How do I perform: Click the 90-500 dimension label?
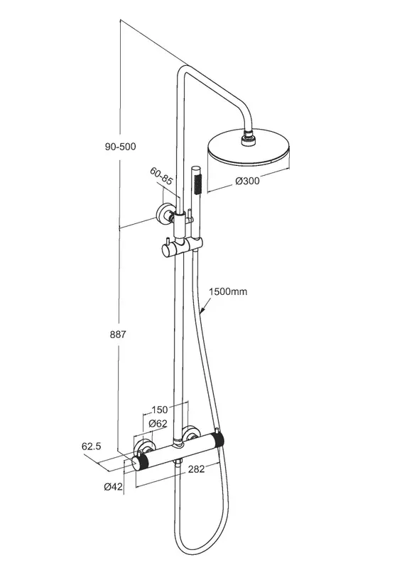(x=120, y=147)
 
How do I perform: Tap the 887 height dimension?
(x=118, y=335)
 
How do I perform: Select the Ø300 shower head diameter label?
(x=248, y=181)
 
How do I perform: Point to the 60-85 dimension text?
(x=161, y=176)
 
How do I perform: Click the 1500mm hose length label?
(x=229, y=291)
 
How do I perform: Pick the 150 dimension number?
(x=160, y=410)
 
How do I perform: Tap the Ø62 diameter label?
(x=158, y=423)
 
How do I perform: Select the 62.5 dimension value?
(x=92, y=447)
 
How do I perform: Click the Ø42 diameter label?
(x=114, y=487)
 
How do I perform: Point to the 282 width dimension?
(x=196, y=469)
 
